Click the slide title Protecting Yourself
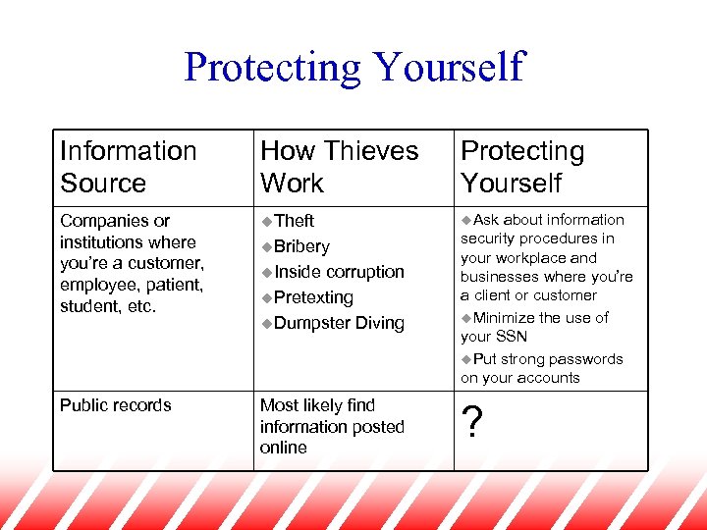pyautogui.click(x=353, y=68)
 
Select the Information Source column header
pyautogui.click(x=128, y=167)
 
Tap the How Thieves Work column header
pyautogui.click(x=339, y=167)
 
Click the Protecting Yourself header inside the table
pyautogui.click(x=522, y=167)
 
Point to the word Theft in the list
pyautogui.click(x=295, y=221)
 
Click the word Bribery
pyautogui.click(x=301, y=246)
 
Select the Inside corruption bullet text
pyautogui.click(x=339, y=272)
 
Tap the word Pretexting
pyautogui.click(x=313, y=297)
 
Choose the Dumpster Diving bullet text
pyautogui.click(x=339, y=323)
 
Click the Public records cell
pyautogui.click(x=116, y=405)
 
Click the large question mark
pyautogui.click(x=471, y=423)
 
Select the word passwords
pyautogui.click(x=585, y=359)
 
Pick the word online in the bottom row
pyautogui.click(x=283, y=448)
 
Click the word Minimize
pyautogui.click(x=507, y=317)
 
